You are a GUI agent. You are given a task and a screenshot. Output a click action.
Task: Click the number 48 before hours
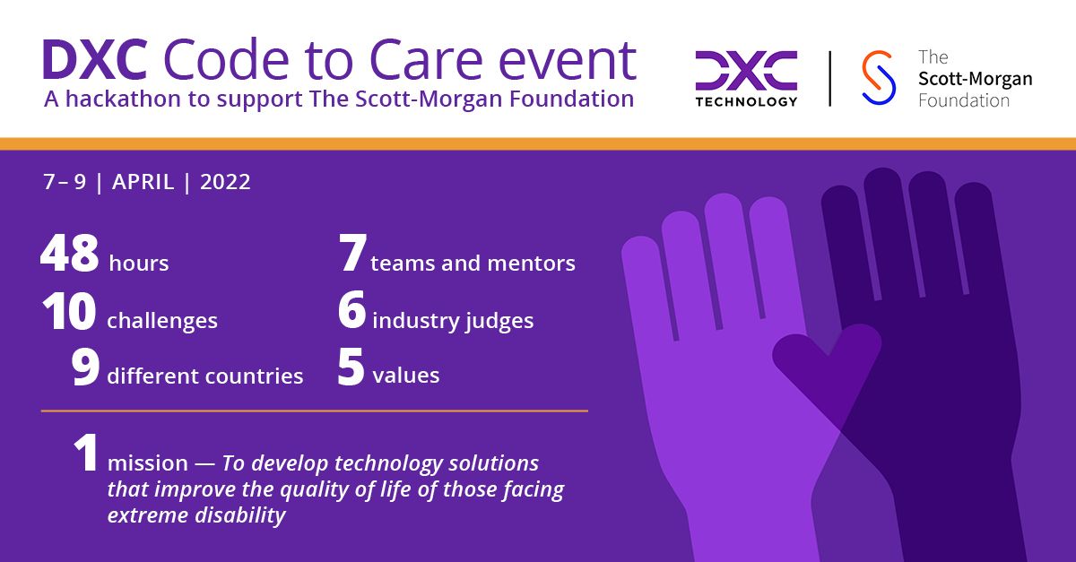69,255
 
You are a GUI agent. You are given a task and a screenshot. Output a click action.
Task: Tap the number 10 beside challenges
68,314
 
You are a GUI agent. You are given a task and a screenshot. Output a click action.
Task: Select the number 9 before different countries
85,368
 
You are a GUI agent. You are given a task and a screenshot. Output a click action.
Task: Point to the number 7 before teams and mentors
352,255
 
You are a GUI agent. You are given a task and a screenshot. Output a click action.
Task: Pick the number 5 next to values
351,368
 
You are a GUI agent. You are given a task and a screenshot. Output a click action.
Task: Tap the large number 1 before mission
85,454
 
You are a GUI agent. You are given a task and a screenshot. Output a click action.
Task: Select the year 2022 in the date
225,182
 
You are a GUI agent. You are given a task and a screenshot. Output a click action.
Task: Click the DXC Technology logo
746,78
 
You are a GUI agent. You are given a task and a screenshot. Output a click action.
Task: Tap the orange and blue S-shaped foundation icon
878,78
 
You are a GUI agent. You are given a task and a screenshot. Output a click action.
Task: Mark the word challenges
162,321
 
